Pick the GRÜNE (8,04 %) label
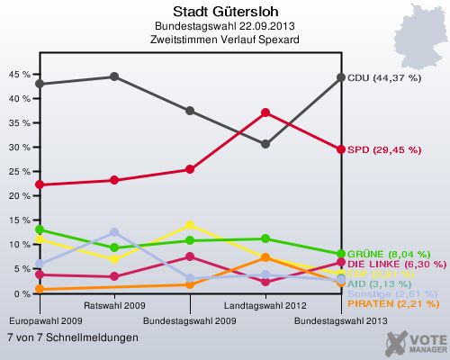click(x=389, y=254)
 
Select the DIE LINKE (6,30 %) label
click(x=396, y=265)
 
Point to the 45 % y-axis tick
click(x=17, y=74)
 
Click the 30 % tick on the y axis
click(x=17, y=147)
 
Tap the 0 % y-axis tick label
click(x=20, y=293)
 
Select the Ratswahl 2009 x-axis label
click(x=114, y=306)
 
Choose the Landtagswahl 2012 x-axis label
click(x=265, y=306)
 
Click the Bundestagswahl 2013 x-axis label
click(x=341, y=319)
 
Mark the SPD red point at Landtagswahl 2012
click(x=265, y=112)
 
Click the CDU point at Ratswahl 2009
click(x=114, y=76)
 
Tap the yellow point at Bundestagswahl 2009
click(x=190, y=226)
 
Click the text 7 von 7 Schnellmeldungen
click(x=72, y=337)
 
